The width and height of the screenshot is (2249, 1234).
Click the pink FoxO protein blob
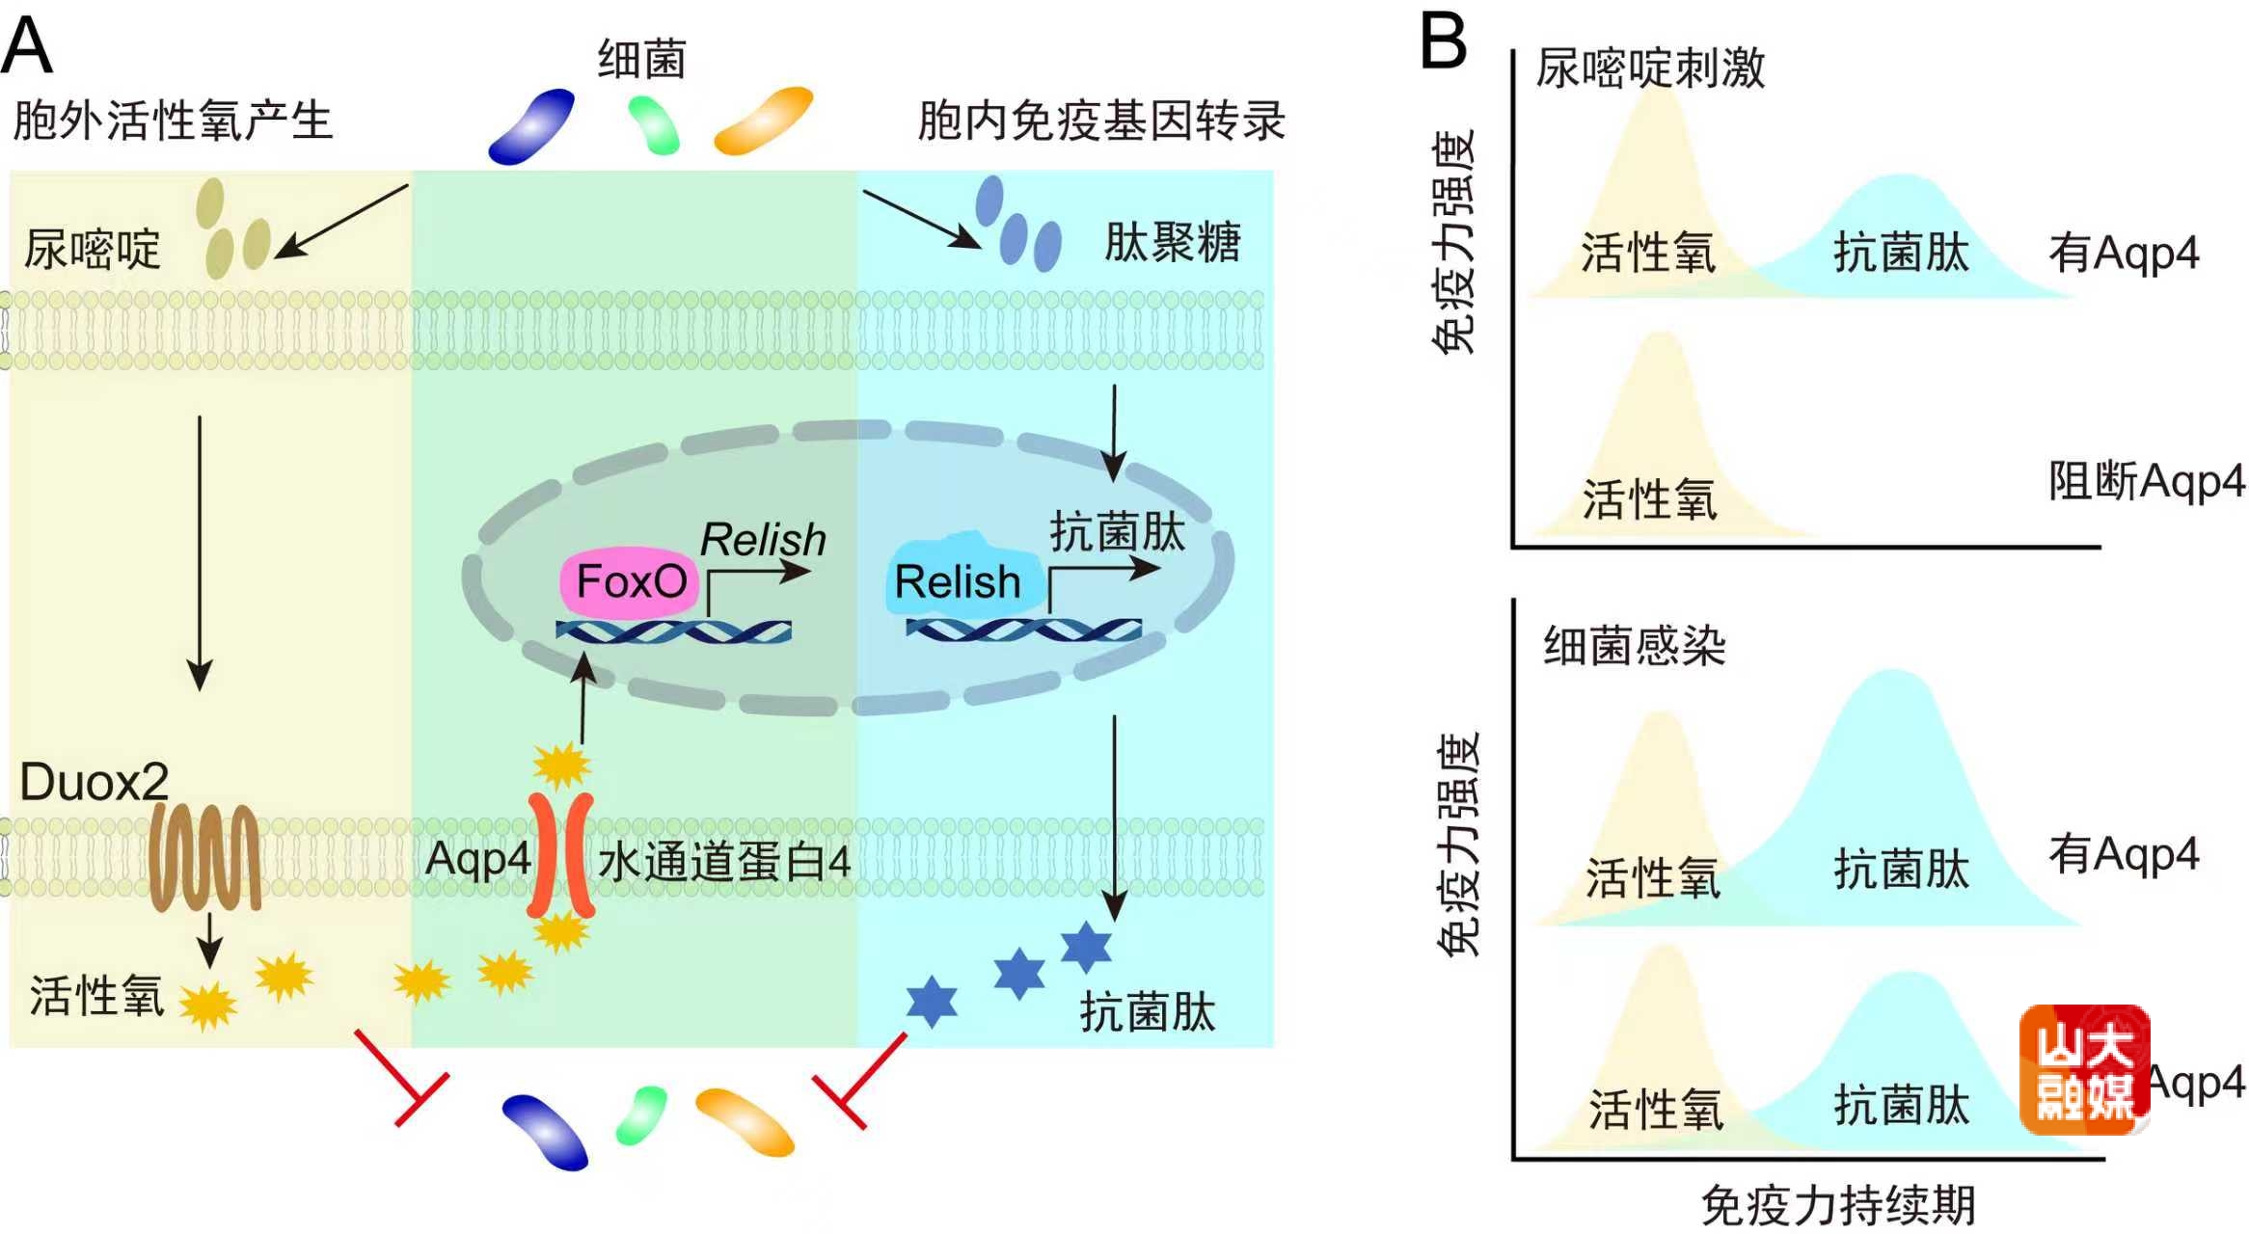630,582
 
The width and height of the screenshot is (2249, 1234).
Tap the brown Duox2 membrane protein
204,858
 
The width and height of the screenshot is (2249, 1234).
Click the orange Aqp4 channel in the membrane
560,854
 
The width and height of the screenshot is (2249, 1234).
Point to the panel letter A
26,45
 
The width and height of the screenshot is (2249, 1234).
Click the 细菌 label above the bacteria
641,60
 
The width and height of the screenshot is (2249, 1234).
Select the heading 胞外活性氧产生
173,121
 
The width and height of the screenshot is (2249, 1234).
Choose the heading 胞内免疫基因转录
1101,121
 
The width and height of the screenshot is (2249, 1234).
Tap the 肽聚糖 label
1172,241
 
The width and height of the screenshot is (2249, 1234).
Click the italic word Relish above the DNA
763,539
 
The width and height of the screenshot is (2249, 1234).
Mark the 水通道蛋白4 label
724,861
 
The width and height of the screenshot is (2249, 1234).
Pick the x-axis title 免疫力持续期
1838,1205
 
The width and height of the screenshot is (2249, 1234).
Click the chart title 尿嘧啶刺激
1650,67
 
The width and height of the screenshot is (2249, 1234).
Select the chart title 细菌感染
1635,645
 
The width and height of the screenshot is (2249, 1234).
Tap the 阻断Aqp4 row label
2146,480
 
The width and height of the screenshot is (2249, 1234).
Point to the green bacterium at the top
654,124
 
